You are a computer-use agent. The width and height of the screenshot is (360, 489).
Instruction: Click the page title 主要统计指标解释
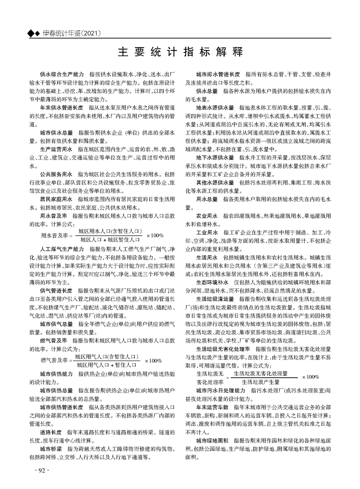tap(180, 50)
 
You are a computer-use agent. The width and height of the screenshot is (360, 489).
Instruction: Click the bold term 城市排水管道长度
tap(218, 73)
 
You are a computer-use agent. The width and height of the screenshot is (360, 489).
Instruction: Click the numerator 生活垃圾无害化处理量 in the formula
tap(260, 373)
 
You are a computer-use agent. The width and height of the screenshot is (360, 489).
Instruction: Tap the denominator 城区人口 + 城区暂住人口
tap(109, 239)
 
